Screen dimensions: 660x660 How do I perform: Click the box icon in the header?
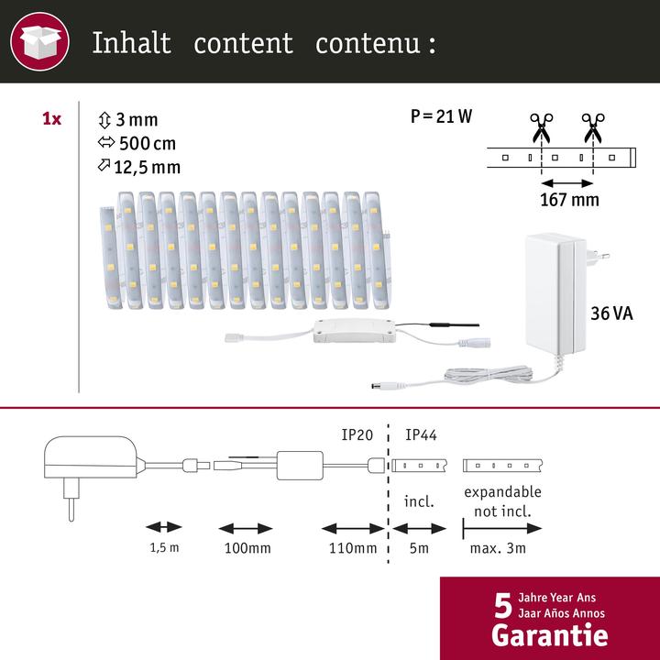42,42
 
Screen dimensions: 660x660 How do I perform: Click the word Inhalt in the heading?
131,44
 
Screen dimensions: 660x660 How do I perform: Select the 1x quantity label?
52,119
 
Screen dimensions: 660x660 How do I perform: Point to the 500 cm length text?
144,143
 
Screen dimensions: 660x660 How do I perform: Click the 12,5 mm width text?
147,166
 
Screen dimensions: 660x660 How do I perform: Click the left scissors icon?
538,126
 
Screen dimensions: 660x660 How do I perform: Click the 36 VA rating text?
612,314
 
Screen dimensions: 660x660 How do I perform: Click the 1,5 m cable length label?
164,549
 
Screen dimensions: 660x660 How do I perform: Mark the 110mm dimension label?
353,549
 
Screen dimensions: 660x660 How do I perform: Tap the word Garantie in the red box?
549,633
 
